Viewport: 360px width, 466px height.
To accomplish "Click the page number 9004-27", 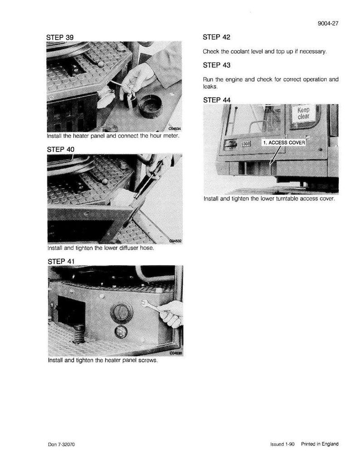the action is pos(328,24).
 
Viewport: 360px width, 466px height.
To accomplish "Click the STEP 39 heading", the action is pos(60,38).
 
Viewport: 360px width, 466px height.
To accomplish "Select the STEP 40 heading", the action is pos(61,149).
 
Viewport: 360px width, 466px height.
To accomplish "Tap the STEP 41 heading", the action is pos(61,261).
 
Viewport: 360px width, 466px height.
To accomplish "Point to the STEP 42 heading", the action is pos(217,37).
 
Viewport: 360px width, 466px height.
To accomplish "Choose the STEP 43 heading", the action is pos(217,65).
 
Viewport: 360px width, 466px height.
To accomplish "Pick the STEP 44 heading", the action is pos(217,100).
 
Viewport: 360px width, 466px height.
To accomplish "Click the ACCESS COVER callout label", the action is pos(284,142).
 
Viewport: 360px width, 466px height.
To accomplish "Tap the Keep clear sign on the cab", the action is pos(303,113).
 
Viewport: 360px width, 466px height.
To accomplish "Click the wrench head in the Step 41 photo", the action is pos(144,303).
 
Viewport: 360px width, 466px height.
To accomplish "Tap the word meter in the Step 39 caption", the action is pos(171,136).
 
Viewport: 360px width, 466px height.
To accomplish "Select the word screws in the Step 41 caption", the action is pos(148,360).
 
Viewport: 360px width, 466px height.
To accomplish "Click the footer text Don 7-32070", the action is pos(62,445).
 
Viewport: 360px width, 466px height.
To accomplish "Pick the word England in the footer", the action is pos(330,444).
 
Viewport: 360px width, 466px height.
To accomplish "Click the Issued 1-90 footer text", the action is pos(282,444).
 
